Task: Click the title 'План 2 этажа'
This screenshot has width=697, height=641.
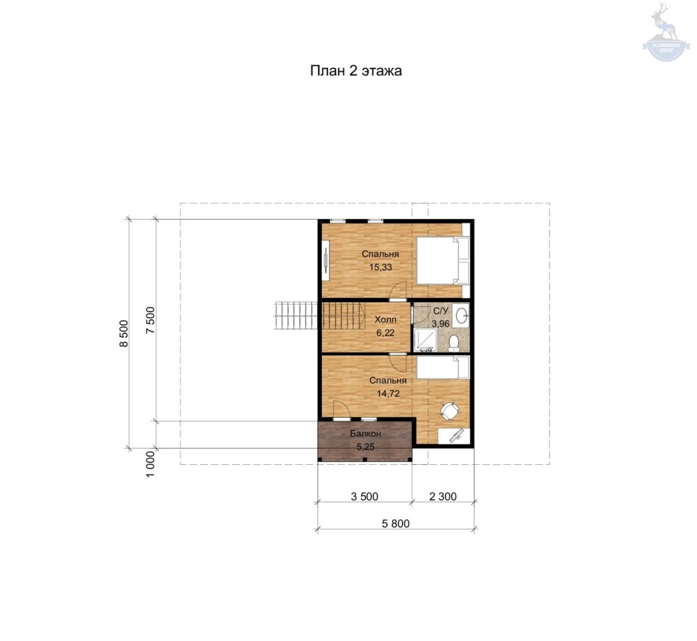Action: [x=355, y=71]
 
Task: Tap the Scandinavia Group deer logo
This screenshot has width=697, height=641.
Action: [x=666, y=31]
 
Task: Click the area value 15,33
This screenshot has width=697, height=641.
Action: [x=380, y=267]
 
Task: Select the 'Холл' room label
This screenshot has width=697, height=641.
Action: [x=385, y=320]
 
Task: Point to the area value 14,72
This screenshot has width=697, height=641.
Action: [x=388, y=393]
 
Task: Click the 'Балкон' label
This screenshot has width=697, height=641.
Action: [x=366, y=433]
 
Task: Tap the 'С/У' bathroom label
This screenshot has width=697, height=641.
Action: [x=440, y=311]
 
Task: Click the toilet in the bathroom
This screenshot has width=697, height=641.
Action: [x=454, y=343]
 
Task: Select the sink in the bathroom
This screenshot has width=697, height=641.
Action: [x=462, y=316]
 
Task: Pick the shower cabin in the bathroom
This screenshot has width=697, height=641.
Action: [x=425, y=340]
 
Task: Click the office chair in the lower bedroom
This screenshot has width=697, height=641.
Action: [x=450, y=412]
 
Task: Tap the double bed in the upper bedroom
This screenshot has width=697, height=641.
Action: [x=442, y=261]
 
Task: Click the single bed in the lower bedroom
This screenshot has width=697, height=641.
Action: [x=442, y=367]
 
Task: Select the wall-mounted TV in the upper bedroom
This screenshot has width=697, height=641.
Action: [x=326, y=260]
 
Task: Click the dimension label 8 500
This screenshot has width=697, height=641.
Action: [x=124, y=333]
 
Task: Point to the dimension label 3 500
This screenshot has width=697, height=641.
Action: [x=365, y=497]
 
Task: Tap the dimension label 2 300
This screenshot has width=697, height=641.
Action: [x=442, y=497]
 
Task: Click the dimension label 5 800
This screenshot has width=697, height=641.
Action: [x=395, y=524]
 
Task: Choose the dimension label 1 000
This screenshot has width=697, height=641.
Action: [x=150, y=465]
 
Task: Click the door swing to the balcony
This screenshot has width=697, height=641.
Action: [x=342, y=410]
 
